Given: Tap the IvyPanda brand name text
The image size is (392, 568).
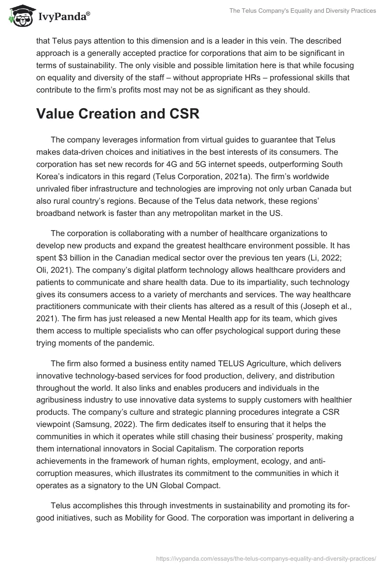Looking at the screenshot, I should click(64, 17).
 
